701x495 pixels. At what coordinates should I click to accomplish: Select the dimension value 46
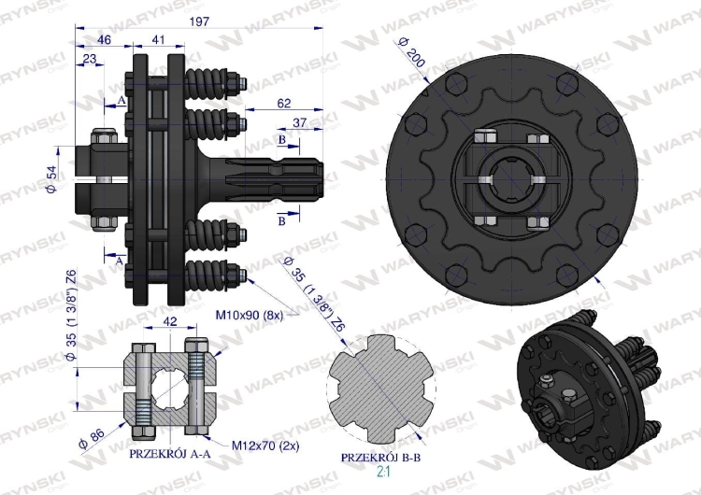point(103,40)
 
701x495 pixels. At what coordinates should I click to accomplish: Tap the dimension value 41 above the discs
point(158,40)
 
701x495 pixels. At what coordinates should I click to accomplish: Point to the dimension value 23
point(90,58)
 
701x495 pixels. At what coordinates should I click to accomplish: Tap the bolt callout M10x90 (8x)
point(253,315)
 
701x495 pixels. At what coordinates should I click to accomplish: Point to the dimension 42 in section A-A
point(170,320)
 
